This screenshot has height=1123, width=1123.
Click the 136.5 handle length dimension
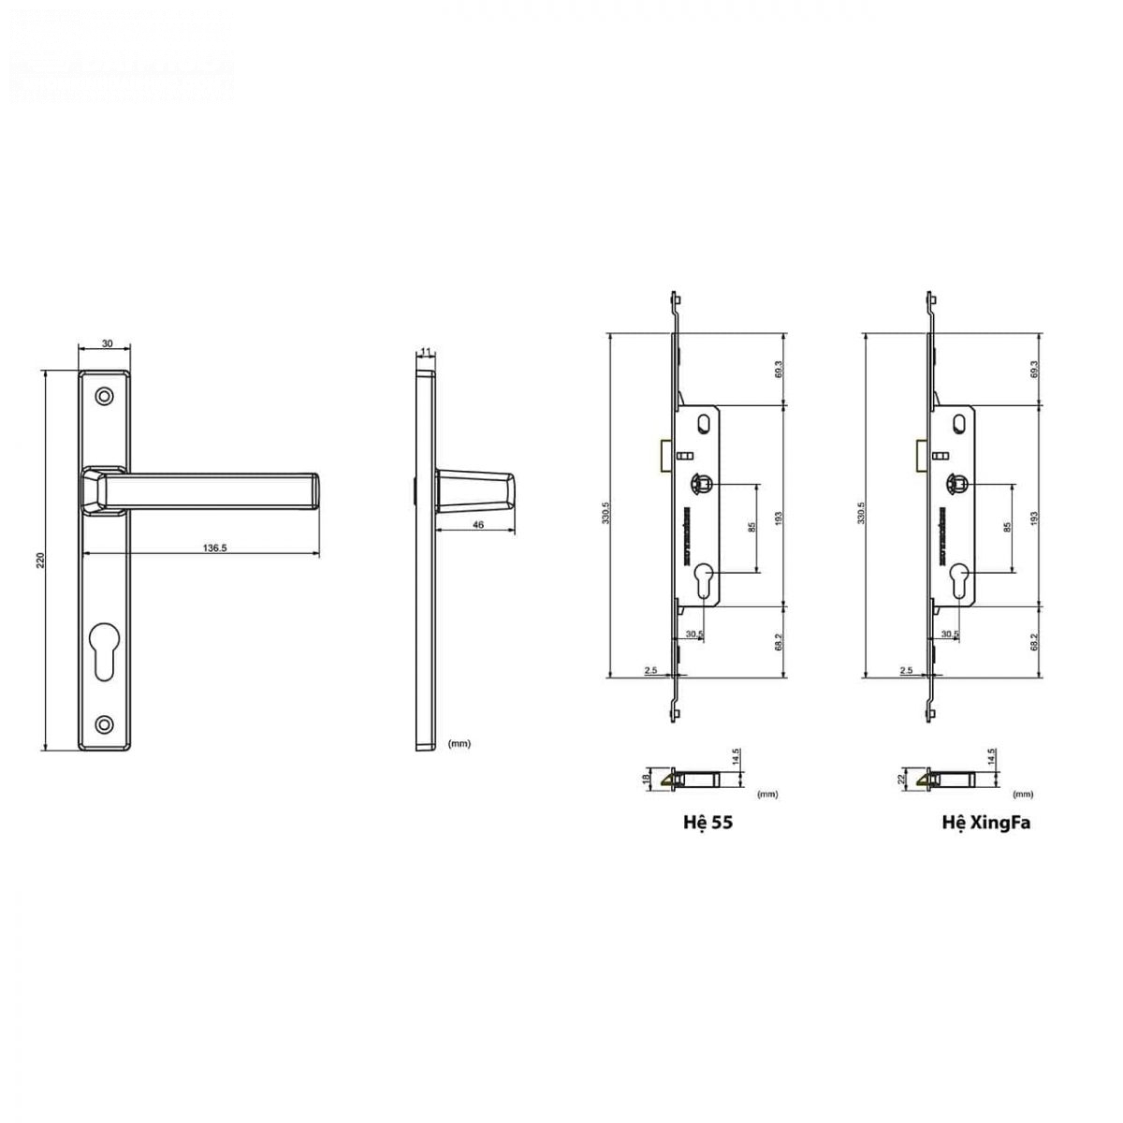(214, 548)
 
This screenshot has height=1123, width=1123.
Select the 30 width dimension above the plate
(106, 344)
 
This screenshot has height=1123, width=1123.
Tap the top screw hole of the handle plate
(105, 398)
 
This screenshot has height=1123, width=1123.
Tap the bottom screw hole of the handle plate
(105, 723)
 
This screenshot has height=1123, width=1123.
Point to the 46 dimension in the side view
(478, 525)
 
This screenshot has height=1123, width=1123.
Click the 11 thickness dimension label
(426, 352)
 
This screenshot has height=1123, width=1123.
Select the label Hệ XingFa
(986, 825)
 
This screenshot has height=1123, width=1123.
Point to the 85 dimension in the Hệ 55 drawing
(751, 528)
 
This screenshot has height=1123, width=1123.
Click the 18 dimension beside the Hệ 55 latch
(645, 779)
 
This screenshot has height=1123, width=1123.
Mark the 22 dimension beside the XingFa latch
(899, 779)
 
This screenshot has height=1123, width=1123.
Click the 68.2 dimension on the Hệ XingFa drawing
(1033, 642)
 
